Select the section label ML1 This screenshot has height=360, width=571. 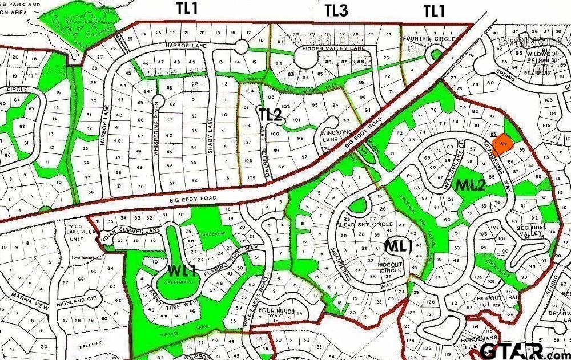(x=398, y=246)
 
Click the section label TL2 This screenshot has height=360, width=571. (x=271, y=114)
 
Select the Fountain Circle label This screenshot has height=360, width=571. (x=429, y=39)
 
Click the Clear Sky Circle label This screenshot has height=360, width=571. (x=365, y=224)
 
